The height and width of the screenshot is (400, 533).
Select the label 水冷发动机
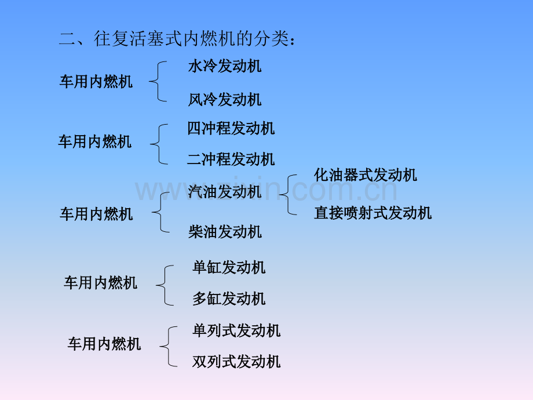225,66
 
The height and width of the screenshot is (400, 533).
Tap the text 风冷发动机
225,100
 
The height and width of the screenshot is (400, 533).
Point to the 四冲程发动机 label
231,128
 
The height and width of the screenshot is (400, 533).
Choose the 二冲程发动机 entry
231,159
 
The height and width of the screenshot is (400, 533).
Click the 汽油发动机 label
225,191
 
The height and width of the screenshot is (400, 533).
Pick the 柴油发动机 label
225,232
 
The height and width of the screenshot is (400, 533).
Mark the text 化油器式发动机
366,175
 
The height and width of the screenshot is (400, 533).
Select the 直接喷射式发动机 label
373,213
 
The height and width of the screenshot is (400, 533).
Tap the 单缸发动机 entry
229,267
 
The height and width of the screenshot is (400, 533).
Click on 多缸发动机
229,299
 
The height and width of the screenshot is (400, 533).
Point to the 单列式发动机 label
236,330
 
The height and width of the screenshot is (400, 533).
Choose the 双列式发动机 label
236,361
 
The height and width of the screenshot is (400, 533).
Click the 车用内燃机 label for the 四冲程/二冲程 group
95,141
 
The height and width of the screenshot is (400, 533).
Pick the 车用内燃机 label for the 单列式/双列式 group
104,344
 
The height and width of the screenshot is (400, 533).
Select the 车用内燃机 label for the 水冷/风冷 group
96,82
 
